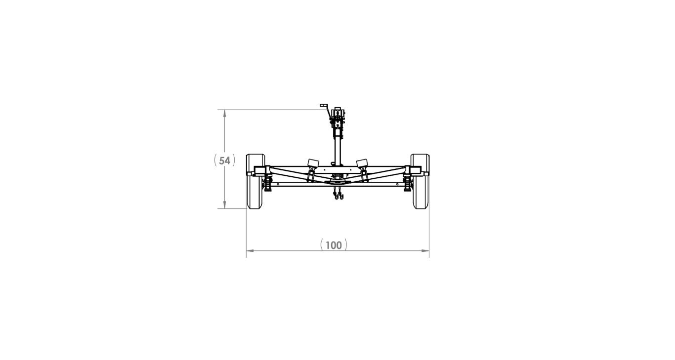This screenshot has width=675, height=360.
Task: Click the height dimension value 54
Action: pyautogui.click(x=225, y=160)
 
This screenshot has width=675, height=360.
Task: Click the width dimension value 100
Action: pyautogui.click(x=334, y=245)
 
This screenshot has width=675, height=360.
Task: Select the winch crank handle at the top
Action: pyautogui.click(x=324, y=107)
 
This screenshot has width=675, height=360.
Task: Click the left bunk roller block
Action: pyautogui.click(x=312, y=163)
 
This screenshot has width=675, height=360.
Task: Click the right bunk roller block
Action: pyautogui.click(x=362, y=163)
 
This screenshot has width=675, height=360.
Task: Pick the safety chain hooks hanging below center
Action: pyautogui.click(x=338, y=197)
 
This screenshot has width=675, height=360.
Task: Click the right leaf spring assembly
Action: pyautogui.click(x=408, y=184)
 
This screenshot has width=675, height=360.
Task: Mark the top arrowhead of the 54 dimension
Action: pyautogui.click(x=225, y=113)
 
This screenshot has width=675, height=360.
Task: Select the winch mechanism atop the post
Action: pyautogui.click(x=338, y=117)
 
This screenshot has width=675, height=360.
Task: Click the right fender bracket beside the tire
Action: pyautogui.click(x=416, y=171)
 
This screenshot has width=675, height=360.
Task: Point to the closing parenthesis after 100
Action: pyautogui.click(x=346, y=245)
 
